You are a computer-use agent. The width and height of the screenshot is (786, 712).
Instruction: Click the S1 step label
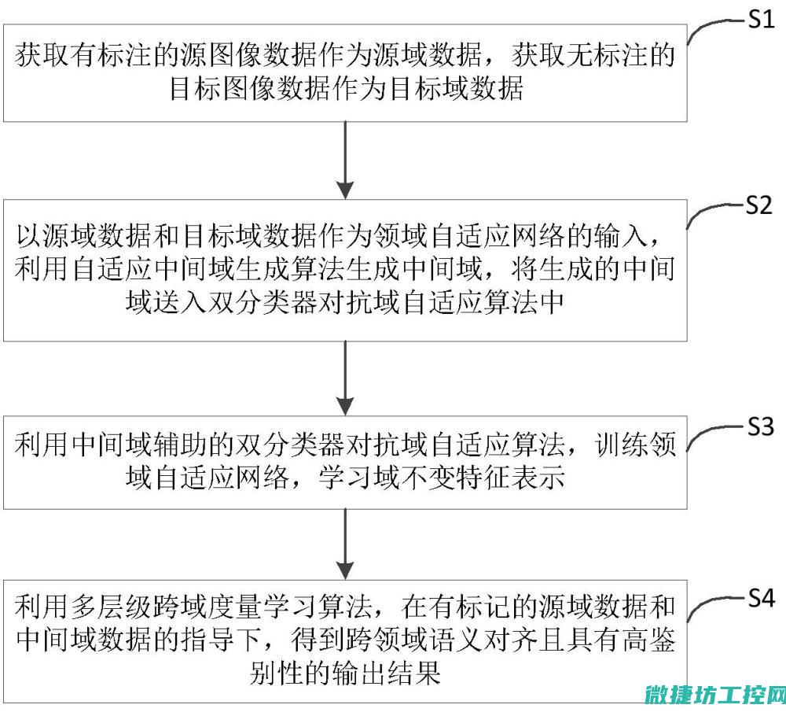click(x=761, y=20)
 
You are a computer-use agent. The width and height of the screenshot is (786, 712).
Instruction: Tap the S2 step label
click(x=759, y=205)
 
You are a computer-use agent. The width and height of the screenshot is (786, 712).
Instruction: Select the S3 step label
click(x=761, y=426)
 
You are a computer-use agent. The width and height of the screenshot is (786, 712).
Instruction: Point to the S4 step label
click(x=761, y=598)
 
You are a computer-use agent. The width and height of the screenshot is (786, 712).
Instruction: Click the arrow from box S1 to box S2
click(x=345, y=160)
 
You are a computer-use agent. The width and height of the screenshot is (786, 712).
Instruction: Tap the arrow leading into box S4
click(x=345, y=544)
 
